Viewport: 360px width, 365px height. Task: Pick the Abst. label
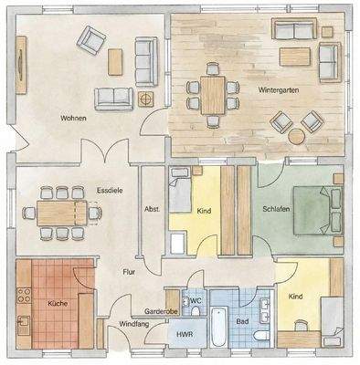point(152,209)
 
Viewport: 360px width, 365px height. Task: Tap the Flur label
point(130,271)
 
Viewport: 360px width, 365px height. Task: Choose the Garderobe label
point(161,311)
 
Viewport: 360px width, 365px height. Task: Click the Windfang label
point(135,324)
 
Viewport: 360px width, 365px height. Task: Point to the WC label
point(196,300)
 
